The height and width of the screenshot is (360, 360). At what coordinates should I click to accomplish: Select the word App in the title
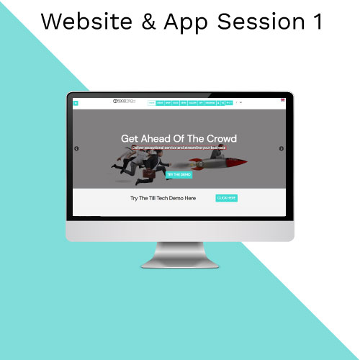point(204,23)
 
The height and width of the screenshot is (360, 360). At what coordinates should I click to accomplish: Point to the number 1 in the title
point(317,22)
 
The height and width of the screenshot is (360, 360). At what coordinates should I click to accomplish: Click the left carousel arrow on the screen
point(76,148)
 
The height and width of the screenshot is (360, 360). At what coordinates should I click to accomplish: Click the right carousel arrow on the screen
point(282,148)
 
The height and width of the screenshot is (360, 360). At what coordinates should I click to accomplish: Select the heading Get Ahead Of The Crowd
point(179,138)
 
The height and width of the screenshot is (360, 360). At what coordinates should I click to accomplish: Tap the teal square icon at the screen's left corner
point(76,103)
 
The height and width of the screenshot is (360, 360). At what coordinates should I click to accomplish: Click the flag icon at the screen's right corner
point(282,102)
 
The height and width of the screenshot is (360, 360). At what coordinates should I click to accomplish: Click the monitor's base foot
point(179,264)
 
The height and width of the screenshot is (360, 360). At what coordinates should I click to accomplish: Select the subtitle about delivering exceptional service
point(179,147)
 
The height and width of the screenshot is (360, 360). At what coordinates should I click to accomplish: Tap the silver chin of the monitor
point(179,230)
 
